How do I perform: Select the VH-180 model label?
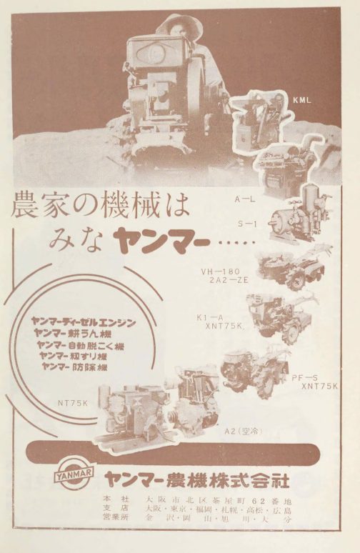click(225, 271)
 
